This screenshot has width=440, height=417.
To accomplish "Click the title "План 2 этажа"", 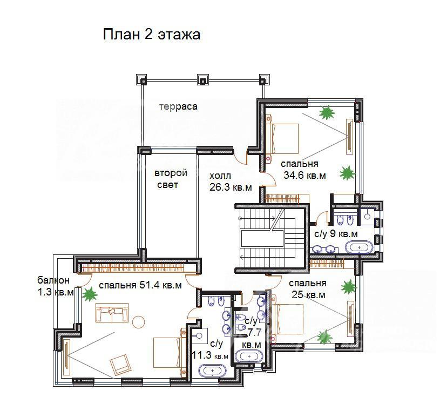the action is pyautogui.click(x=152, y=35).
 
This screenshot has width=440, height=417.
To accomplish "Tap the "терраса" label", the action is pyautogui.click(x=178, y=107).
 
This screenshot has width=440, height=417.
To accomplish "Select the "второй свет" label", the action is pyautogui.click(x=171, y=179).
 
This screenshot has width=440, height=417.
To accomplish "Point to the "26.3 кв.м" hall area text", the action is pyautogui.click(x=231, y=187).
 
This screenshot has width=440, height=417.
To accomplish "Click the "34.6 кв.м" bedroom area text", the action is pyautogui.click(x=304, y=176).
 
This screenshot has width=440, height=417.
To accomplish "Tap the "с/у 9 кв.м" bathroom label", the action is pyautogui.click(x=336, y=234).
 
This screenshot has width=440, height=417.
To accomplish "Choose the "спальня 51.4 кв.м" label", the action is pyautogui.click(x=140, y=285).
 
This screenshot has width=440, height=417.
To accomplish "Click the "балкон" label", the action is pyautogui.click(x=53, y=280).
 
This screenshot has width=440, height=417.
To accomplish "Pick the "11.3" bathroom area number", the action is pyautogui.click(x=202, y=355).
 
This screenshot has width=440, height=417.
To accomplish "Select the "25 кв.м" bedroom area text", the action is pyautogui.click(x=308, y=295).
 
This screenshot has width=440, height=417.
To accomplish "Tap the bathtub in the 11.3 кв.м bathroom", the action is pyautogui.click(x=212, y=371).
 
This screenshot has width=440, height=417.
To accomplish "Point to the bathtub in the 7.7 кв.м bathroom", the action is pyautogui.click(x=249, y=357).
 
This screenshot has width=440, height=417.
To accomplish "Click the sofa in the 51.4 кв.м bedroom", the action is pyautogui.click(x=112, y=313).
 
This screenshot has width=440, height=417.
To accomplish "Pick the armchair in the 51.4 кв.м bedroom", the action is pyautogui.click(x=120, y=364).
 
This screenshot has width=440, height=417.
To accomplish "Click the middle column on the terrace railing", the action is pyautogui.click(x=202, y=80).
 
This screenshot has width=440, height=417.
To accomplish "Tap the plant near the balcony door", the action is pyautogui.click(x=90, y=294).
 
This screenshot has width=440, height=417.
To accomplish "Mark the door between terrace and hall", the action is pyautogui.click(x=241, y=159).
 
